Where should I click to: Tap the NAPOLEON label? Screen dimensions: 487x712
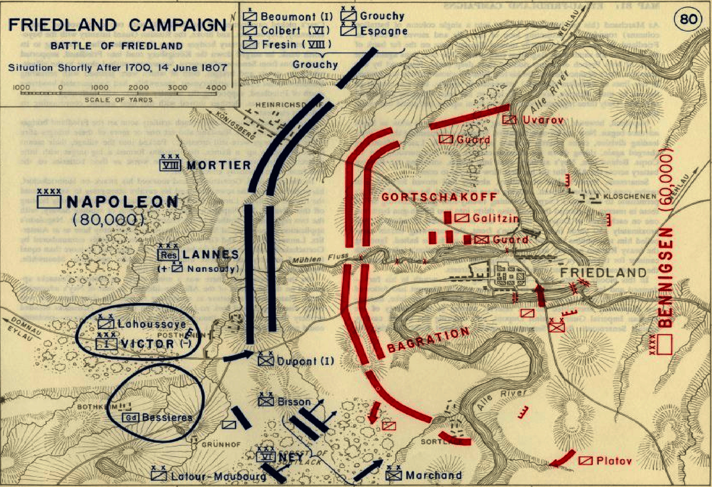[122, 202]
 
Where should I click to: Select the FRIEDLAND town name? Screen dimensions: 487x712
[603, 273]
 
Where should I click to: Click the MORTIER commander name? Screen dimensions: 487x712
[219, 165]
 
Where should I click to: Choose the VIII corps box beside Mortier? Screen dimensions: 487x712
[170, 165]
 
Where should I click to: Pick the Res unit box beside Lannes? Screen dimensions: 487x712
[169, 255]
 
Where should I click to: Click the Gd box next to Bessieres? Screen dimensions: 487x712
[131, 417]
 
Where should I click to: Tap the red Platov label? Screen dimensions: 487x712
[613, 461]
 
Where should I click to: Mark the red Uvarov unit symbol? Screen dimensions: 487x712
[509, 120]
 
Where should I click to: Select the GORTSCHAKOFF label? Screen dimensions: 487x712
[439, 197]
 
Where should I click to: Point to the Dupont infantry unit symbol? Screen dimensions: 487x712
[266, 361]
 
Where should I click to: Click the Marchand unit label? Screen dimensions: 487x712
[433, 475]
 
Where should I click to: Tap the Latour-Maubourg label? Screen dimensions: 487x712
[218, 476]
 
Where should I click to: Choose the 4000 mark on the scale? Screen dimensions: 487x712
[216, 88]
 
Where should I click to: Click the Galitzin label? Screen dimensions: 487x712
[495, 218]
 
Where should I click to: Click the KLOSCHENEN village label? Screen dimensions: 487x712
[630, 196]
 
